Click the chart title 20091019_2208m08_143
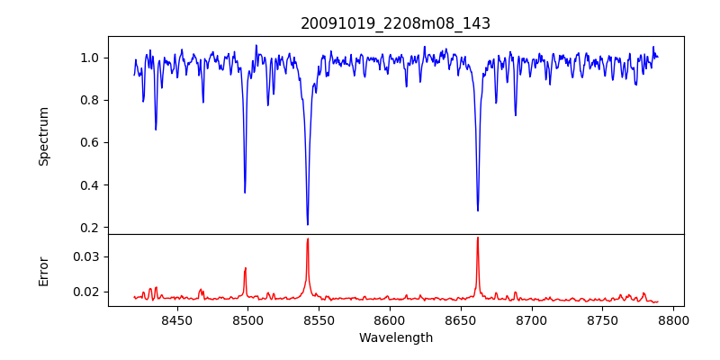[396, 23]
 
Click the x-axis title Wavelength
[396, 337]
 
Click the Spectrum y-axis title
[44, 136]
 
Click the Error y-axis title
[44, 270]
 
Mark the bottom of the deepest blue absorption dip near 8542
[308, 224]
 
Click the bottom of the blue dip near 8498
[245, 193]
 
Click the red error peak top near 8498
[245, 268]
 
